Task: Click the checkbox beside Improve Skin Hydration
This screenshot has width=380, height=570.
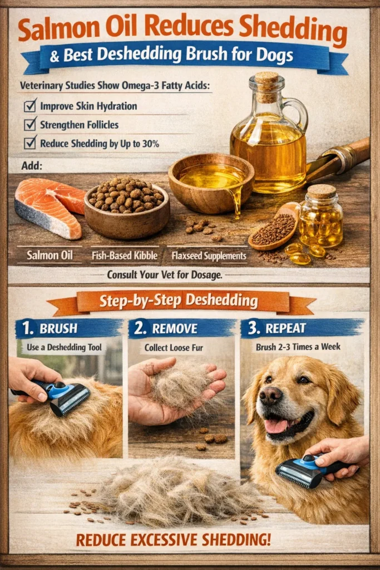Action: pos(31,105)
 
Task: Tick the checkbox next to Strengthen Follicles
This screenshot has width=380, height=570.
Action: pos(31,124)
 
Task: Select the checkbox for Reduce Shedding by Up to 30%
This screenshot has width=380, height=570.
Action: pos(31,143)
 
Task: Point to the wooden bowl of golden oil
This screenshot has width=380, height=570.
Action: pos(211,181)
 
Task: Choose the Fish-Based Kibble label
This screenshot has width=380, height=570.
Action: pos(124,257)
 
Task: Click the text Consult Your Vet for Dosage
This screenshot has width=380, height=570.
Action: pos(189,274)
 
